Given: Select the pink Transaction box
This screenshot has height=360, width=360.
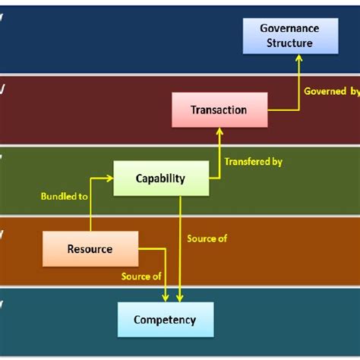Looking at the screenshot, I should [x=219, y=109].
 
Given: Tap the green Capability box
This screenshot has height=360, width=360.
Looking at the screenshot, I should [x=160, y=178].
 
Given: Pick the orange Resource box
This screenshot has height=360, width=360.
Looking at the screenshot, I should [x=90, y=248].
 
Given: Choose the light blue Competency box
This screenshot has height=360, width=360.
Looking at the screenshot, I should [x=166, y=320].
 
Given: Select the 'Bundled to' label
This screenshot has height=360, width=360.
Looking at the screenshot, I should [x=63, y=196].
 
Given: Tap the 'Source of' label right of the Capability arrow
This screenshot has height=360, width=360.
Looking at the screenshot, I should [x=207, y=238].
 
